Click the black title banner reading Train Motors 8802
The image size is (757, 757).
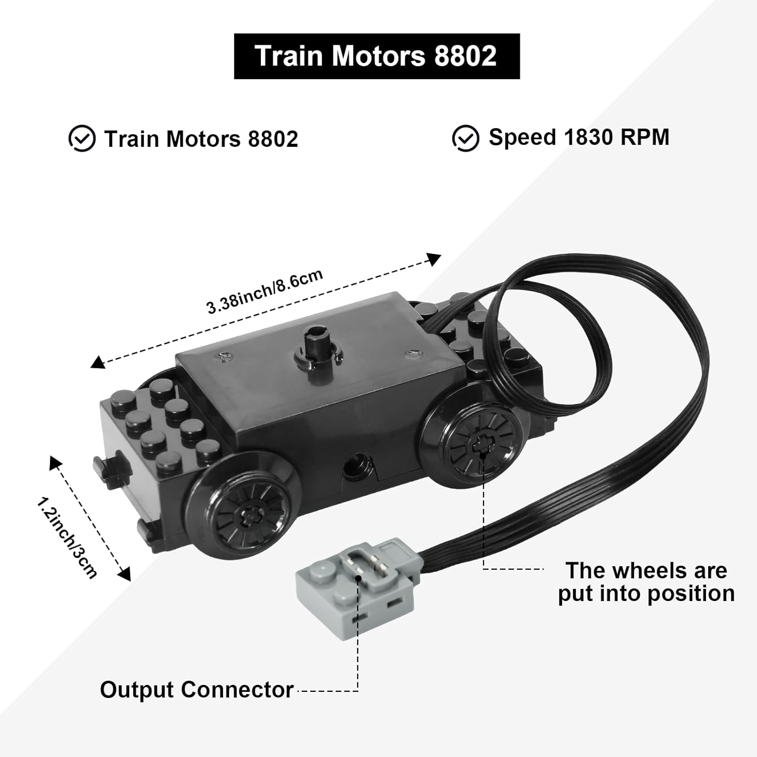point(376,56)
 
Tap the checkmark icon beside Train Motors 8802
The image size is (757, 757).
point(82,139)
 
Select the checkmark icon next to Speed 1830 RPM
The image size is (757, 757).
point(465,138)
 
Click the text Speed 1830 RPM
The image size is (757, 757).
point(579,137)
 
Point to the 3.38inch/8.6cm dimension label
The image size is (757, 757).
point(264,292)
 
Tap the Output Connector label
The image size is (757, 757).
point(197,689)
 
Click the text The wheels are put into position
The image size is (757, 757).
point(646,582)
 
